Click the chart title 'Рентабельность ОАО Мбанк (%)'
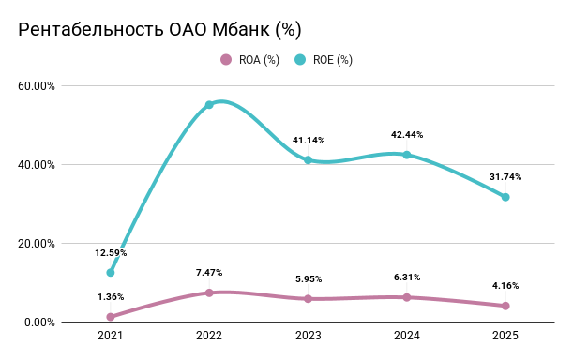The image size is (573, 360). pyautogui.click(x=159, y=29)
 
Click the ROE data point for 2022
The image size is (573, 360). pyautogui.click(x=209, y=105)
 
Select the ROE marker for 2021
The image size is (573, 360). pyautogui.click(x=110, y=273)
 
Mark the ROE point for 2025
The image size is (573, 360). pyautogui.click(x=505, y=197)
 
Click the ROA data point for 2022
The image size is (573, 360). pyautogui.click(x=209, y=292)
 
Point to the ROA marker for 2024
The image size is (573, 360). pyautogui.click(x=406, y=297)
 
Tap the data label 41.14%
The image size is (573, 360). pyautogui.click(x=308, y=141)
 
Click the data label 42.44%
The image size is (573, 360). pyautogui.click(x=406, y=135)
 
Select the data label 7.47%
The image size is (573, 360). pyautogui.click(x=209, y=273)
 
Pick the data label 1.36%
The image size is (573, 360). pyautogui.click(x=110, y=297)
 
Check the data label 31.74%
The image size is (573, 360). pyautogui.click(x=505, y=177)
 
